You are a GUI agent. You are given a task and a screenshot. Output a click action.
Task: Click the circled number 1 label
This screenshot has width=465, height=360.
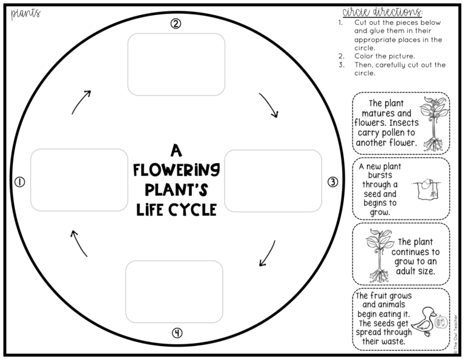[19, 182]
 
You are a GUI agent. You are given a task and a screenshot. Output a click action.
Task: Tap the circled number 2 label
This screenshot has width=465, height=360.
[176, 24]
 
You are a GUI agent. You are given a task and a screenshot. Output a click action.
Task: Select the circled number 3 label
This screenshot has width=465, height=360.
[332, 182]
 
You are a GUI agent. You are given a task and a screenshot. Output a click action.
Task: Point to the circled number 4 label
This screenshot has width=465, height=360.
[176, 332]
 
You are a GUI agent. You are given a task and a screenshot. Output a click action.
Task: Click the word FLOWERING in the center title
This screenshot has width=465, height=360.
[176, 169]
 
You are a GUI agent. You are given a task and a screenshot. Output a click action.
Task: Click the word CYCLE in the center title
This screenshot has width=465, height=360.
[194, 210]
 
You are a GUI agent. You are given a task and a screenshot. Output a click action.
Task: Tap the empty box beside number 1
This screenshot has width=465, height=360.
[79, 180]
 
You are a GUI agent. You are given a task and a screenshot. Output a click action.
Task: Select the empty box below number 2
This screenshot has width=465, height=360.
[176, 64]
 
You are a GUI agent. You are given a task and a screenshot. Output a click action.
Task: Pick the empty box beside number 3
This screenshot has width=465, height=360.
[273, 181]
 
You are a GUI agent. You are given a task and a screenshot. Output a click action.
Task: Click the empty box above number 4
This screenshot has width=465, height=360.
[174, 291]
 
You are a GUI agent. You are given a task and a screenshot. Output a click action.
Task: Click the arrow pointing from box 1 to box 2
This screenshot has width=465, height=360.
[81, 102]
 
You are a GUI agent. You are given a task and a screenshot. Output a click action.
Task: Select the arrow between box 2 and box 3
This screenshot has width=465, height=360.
[269, 105]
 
